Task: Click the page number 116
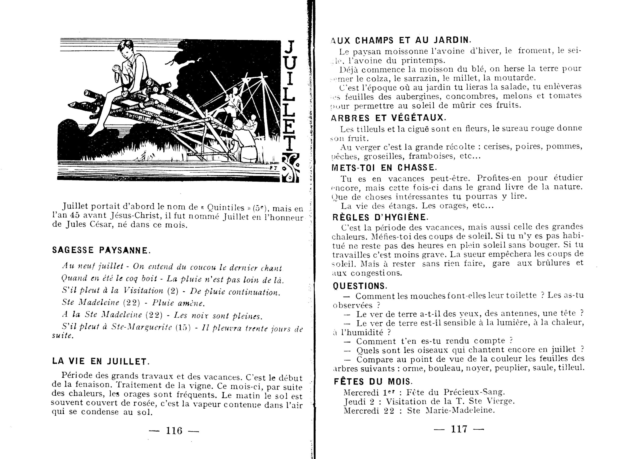tap(174, 430)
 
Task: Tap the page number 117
tap(459, 429)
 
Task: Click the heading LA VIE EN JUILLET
tap(101, 361)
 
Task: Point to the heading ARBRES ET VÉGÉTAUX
tap(388, 118)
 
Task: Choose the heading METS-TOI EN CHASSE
tap(384, 168)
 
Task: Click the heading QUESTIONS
tap(360, 286)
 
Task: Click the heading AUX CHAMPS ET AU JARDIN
tap(400, 40)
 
